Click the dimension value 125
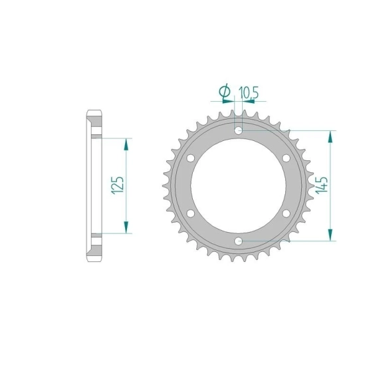118,186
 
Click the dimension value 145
322,185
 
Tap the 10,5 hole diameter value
249,93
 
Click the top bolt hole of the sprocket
238,131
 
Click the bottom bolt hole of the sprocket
238,241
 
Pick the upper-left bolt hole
191,158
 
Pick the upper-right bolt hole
286,158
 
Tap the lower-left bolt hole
191,213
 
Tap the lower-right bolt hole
286,213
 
